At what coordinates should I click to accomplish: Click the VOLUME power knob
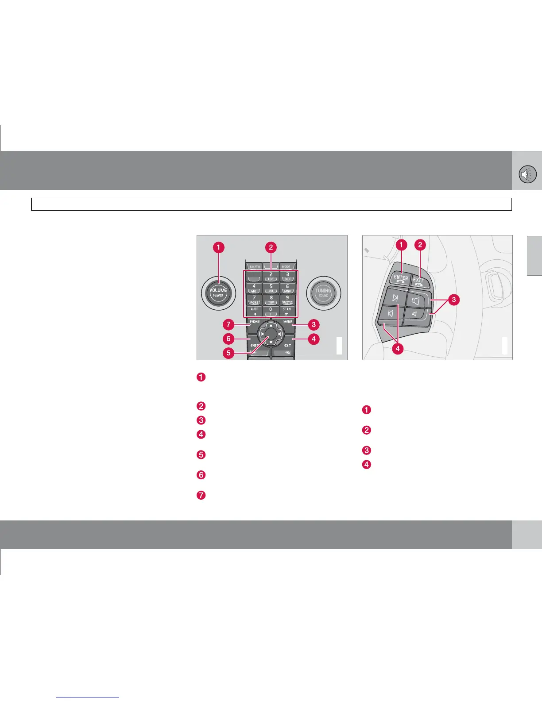218,292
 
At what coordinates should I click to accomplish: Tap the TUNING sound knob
323,293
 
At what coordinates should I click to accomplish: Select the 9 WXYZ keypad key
287,300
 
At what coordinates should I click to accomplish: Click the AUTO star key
254,311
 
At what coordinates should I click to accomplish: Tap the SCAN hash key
287,311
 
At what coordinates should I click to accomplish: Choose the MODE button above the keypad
287,266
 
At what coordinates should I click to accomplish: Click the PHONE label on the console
255,322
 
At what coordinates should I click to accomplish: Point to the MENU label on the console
288,322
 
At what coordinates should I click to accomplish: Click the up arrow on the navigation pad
271,326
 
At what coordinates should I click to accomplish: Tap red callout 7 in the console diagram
228,325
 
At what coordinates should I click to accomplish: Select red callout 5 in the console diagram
228,353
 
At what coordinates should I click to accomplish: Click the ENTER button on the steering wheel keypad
401,278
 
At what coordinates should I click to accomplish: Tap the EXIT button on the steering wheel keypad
418,281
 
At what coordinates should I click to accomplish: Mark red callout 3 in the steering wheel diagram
453,300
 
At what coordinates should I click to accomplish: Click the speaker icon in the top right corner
527,174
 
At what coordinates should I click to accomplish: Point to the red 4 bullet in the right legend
367,465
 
